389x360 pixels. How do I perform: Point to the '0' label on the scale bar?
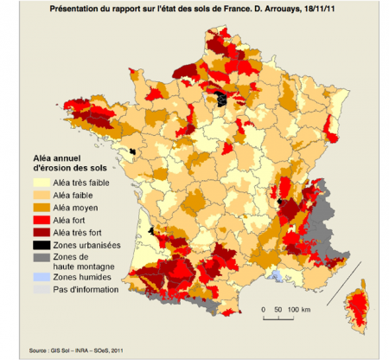click(x=262, y=309)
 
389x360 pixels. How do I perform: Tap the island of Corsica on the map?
click(x=354, y=307)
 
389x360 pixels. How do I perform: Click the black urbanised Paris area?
click(x=223, y=99)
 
